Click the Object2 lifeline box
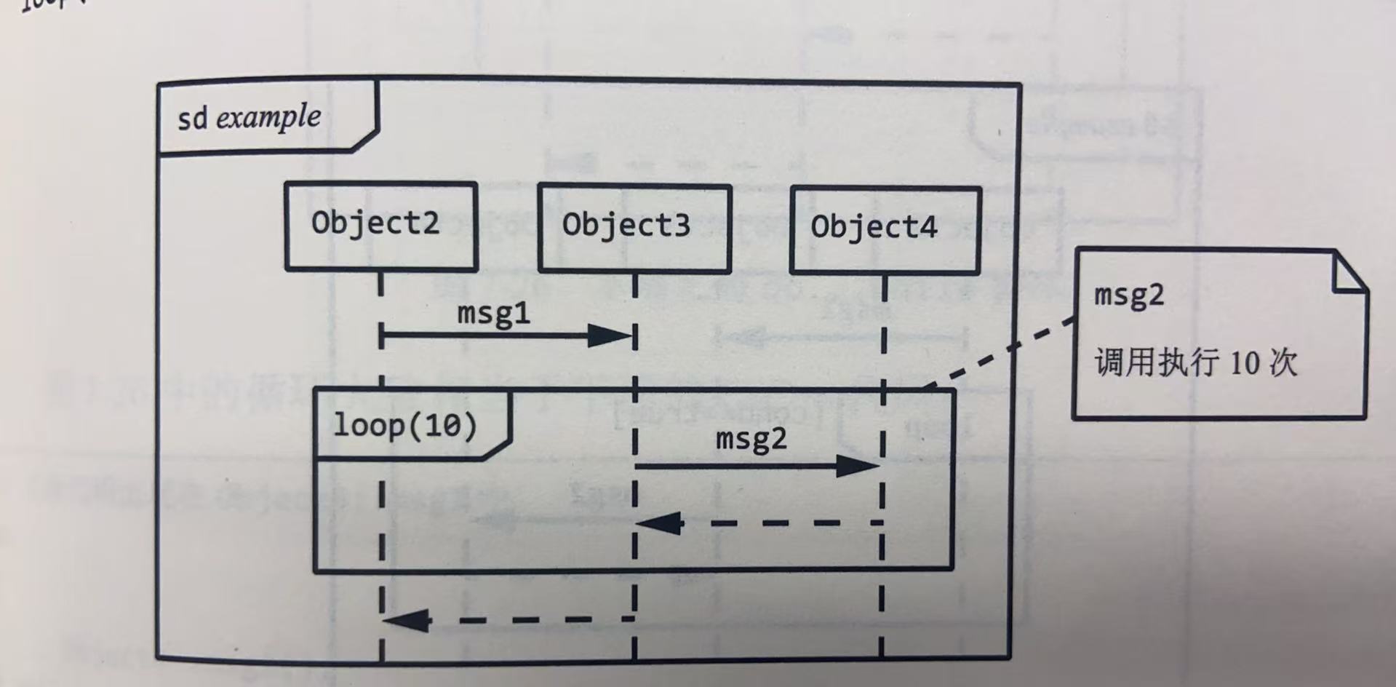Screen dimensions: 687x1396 tap(380, 226)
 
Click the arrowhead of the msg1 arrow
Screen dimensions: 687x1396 tap(611, 336)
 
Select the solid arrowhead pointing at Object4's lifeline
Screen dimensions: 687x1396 tap(858, 466)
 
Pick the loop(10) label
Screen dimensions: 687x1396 tap(404, 425)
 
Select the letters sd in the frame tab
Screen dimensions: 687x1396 tap(192, 119)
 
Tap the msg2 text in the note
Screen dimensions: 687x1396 tap(1129, 295)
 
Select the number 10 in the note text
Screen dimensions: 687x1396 tap(1244, 362)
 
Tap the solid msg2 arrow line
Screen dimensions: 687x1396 tap(735, 466)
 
